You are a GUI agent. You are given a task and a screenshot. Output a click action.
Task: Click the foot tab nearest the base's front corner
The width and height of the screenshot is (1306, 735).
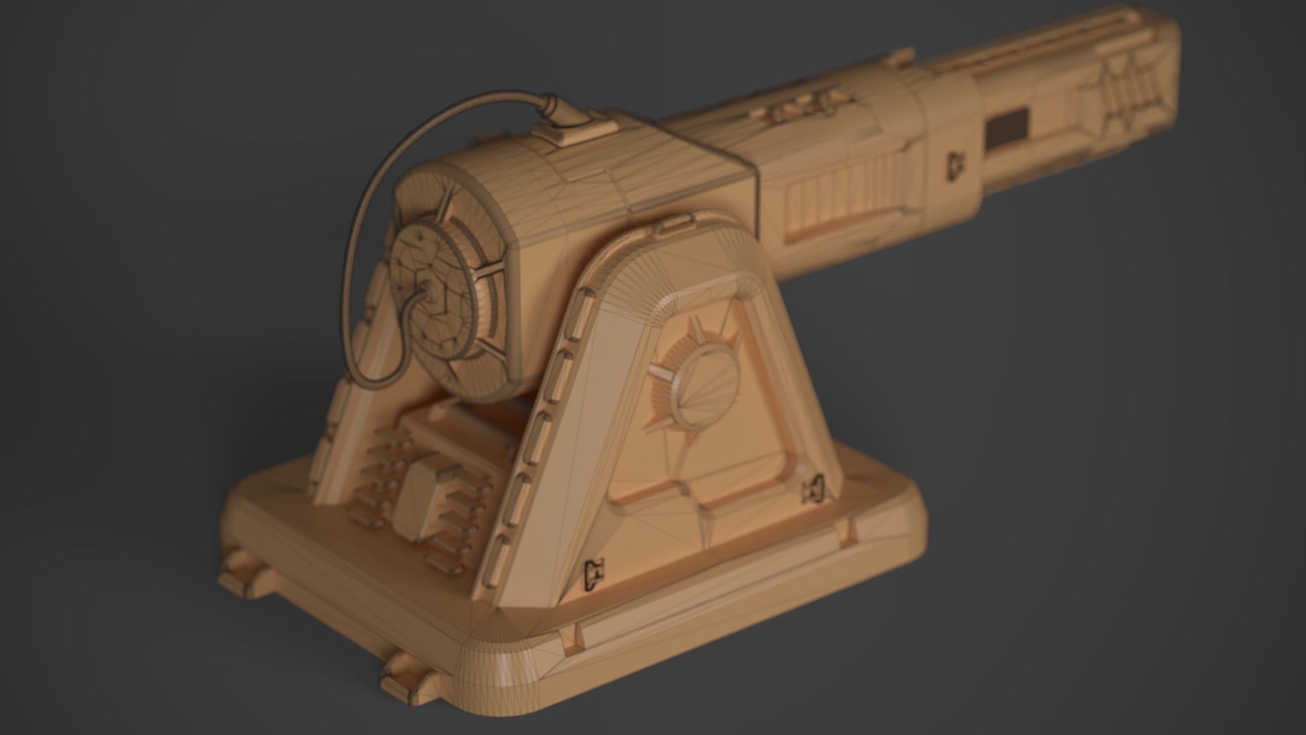tap(405, 678)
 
